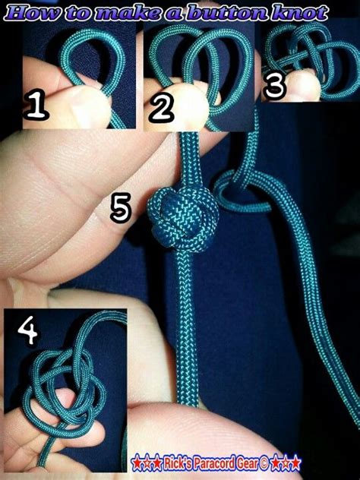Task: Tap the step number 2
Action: [160, 109]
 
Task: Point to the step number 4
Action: [28, 331]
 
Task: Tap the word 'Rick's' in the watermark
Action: [175, 462]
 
